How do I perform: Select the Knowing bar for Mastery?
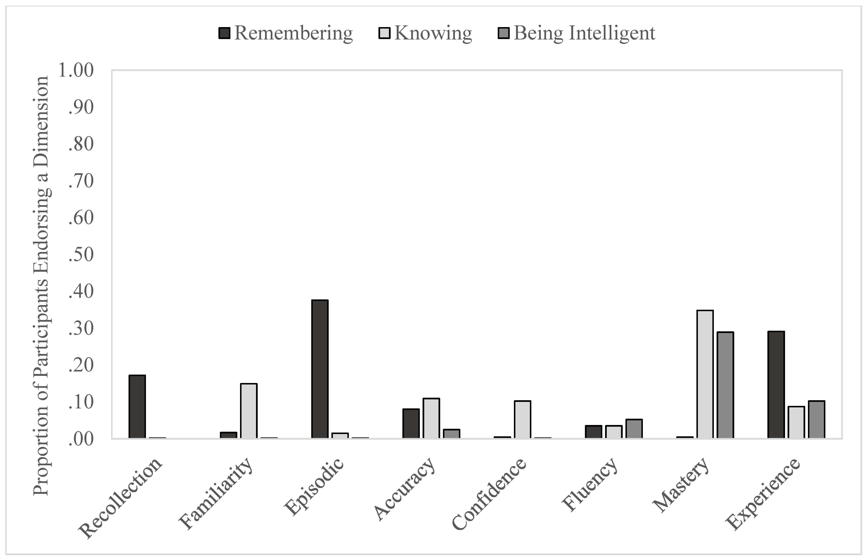[x=705, y=375]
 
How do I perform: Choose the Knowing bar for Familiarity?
[x=249, y=411]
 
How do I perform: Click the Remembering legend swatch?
[x=224, y=33]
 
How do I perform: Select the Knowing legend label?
[x=433, y=33]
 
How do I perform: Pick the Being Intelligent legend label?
[x=584, y=33]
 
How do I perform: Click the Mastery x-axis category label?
[x=681, y=489]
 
